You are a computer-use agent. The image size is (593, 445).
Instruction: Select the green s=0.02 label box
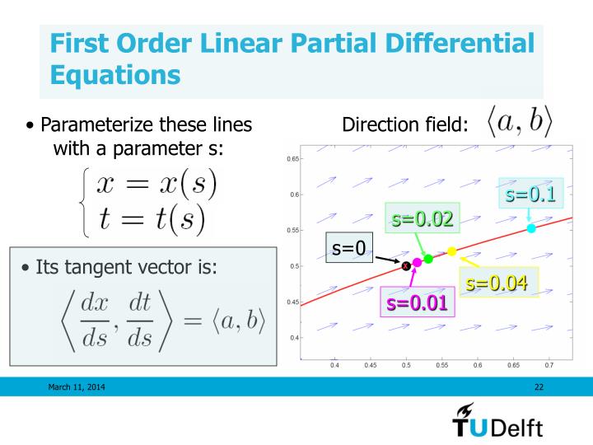point(422,220)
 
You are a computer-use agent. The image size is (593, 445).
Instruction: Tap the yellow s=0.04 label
point(496,283)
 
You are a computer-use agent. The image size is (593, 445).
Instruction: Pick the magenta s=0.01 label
point(417,302)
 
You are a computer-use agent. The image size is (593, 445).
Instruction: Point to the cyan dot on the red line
point(531,228)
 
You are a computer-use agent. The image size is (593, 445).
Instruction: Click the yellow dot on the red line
point(451,251)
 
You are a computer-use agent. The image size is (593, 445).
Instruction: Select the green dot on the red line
point(428,259)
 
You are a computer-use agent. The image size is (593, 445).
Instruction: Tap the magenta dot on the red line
point(417,262)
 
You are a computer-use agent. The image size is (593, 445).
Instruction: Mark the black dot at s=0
point(406,265)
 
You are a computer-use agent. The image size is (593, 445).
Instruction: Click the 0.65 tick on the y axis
point(292,158)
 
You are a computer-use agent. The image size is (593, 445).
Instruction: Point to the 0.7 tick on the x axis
point(549,363)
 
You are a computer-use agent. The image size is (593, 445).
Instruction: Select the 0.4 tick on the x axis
point(334,363)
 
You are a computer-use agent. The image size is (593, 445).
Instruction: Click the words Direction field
point(404,126)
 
